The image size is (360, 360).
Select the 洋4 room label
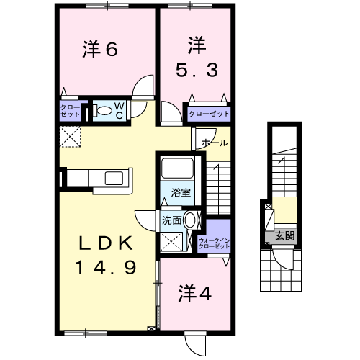pos(194,294)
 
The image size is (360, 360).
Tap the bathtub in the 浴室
pos(176,169)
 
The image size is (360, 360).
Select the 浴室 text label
pos(181,193)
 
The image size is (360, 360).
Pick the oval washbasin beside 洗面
pos(191,221)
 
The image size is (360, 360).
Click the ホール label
pos(215,143)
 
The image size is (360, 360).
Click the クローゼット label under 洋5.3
pos(209,114)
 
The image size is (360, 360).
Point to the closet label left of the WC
pos(70,112)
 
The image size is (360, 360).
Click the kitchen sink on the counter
pos(114,178)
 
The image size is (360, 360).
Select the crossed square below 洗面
pos(171,243)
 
